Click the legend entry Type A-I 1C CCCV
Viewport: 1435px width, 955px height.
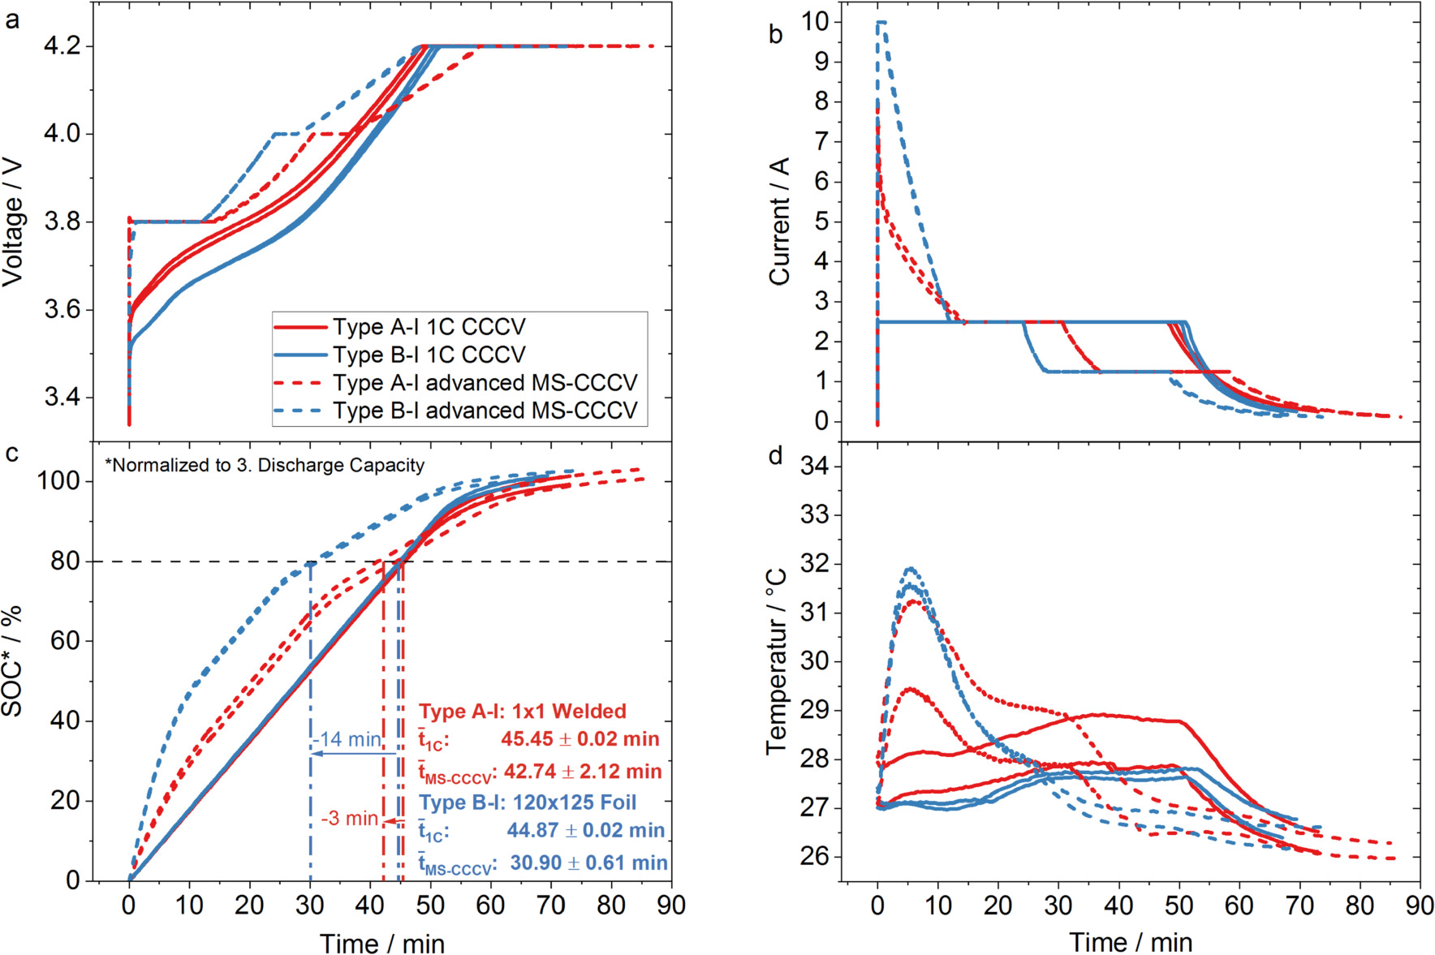click(429, 327)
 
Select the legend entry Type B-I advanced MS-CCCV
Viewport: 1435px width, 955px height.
click(485, 411)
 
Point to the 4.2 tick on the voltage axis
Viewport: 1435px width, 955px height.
click(62, 46)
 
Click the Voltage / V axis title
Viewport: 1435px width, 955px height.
click(12, 222)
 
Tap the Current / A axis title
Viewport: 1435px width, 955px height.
click(779, 222)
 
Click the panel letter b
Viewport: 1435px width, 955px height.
click(776, 34)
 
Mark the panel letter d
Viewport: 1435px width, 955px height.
click(776, 456)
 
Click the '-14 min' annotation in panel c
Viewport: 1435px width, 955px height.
click(347, 739)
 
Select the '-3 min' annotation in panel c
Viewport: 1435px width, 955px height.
click(350, 819)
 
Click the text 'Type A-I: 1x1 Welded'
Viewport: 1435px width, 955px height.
click(523, 712)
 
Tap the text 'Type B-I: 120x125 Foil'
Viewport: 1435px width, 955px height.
click(528, 802)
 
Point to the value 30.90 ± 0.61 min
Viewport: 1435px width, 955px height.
click(588, 863)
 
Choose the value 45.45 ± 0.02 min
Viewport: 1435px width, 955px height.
click(580, 739)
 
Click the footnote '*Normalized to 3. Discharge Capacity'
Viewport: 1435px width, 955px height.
click(265, 465)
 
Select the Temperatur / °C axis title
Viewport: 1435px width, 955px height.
click(776, 661)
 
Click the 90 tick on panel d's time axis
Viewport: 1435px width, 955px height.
click(1420, 905)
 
